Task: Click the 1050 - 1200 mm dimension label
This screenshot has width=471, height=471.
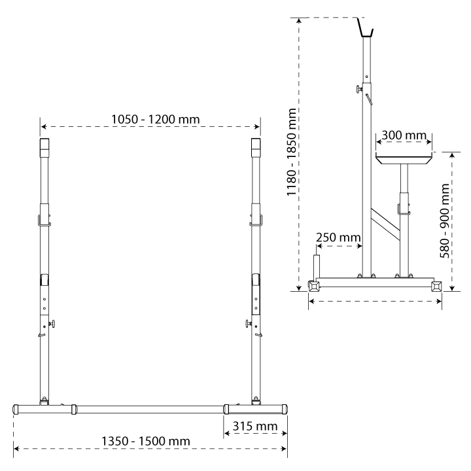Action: pyautogui.click(x=155, y=119)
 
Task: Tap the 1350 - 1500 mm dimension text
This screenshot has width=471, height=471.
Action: pyautogui.click(x=146, y=442)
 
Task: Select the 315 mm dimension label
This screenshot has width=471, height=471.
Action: pyautogui.click(x=255, y=427)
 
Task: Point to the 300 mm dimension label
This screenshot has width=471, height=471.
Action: pyautogui.click(x=404, y=135)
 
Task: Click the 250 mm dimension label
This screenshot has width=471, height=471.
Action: pyautogui.click(x=338, y=237)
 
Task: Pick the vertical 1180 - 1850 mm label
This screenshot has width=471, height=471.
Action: pyautogui.click(x=292, y=152)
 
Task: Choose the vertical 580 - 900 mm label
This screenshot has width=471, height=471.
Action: pyautogui.click(x=445, y=221)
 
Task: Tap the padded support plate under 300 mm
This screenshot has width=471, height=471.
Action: pyautogui.click(x=404, y=158)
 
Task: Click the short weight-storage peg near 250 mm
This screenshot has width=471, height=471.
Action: pyautogui.click(x=317, y=266)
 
